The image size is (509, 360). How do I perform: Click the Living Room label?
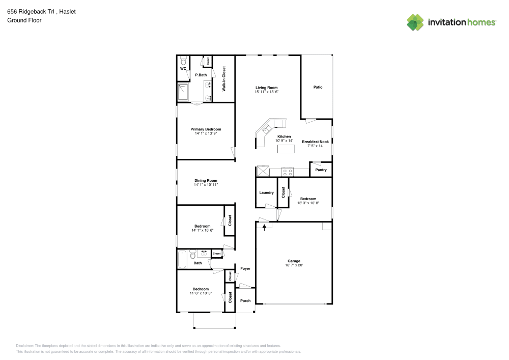point(267,88)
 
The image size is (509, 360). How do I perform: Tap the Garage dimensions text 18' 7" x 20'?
point(294,265)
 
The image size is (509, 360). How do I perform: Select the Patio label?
point(318,87)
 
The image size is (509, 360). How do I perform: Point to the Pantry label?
point(321,170)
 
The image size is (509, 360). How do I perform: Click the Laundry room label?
point(266,192)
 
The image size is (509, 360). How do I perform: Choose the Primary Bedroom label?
point(206,129)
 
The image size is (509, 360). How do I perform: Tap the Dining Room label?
point(206,180)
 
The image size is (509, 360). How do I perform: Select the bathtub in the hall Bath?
point(183,258)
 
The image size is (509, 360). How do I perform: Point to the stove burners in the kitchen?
point(287,172)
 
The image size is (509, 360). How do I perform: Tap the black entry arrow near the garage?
point(264,227)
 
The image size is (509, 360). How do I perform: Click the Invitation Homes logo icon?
point(415,22)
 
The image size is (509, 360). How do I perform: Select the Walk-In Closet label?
point(224,79)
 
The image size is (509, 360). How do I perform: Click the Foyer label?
point(245,268)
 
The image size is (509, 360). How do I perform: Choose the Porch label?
point(245,300)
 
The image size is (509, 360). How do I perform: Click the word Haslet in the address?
point(67,11)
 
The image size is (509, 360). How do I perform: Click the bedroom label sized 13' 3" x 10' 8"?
point(308,199)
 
